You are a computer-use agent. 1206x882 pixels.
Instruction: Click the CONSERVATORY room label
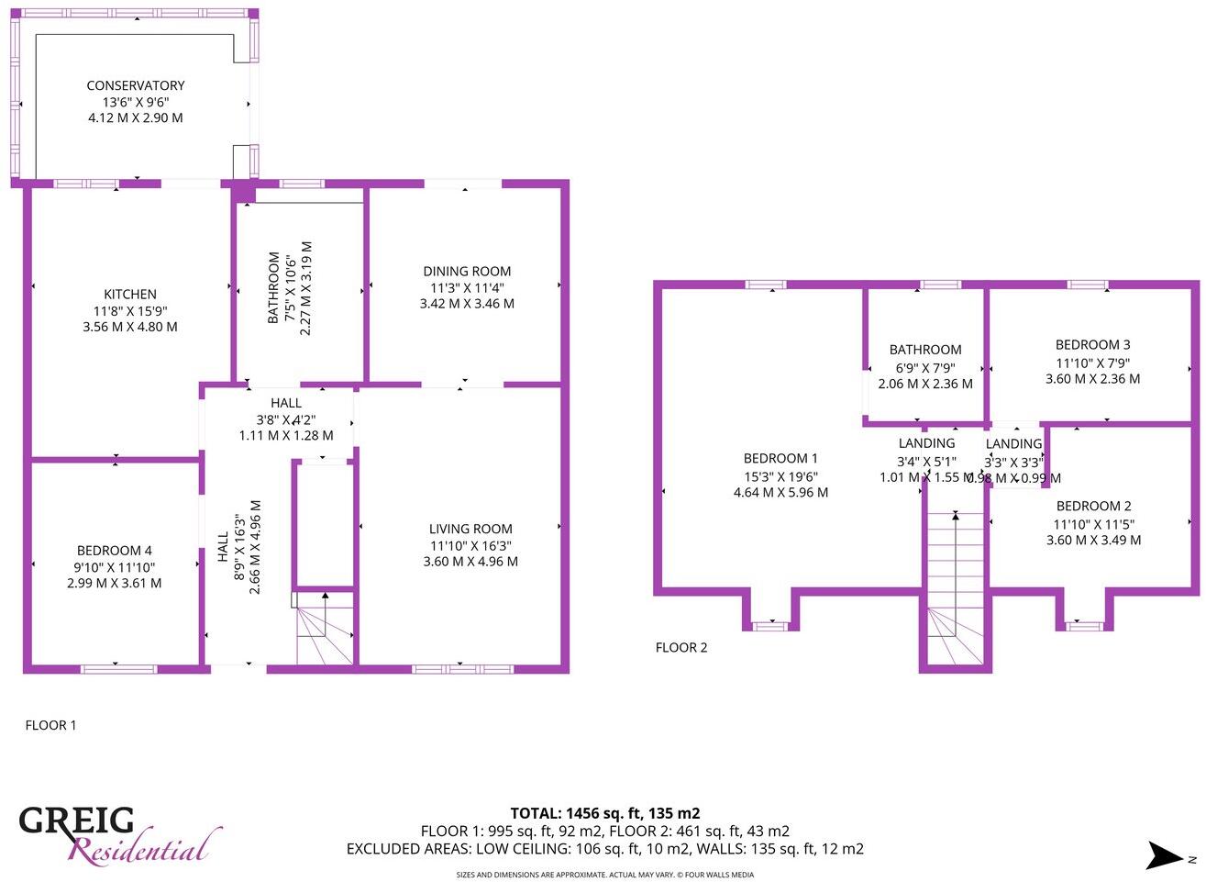click(136, 85)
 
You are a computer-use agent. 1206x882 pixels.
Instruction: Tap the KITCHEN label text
click(129, 294)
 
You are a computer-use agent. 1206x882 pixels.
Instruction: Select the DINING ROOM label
click(467, 271)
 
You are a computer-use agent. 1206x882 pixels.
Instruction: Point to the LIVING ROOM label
click(470, 529)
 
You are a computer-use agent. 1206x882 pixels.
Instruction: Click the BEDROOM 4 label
click(114, 551)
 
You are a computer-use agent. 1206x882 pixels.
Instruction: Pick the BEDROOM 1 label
click(780, 458)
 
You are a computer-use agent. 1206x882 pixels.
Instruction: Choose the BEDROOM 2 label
click(1093, 506)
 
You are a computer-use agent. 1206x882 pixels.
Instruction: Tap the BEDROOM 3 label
click(1092, 345)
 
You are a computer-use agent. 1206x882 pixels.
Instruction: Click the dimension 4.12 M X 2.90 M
click(136, 117)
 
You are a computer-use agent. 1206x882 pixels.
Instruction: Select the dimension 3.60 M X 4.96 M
click(470, 561)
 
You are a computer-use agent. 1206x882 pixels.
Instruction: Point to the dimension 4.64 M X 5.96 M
click(780, 492)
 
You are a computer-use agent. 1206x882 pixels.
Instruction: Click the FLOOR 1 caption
click(50, 725)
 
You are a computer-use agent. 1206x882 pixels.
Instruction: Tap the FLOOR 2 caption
click(681, 647)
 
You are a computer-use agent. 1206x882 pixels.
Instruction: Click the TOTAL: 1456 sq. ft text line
click(604, 813)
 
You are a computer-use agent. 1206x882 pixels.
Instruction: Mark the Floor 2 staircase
click(955, 587)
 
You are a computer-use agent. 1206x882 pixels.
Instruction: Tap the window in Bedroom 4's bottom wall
click(114, 668)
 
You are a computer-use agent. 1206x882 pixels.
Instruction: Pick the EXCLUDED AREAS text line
click(604, 849)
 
